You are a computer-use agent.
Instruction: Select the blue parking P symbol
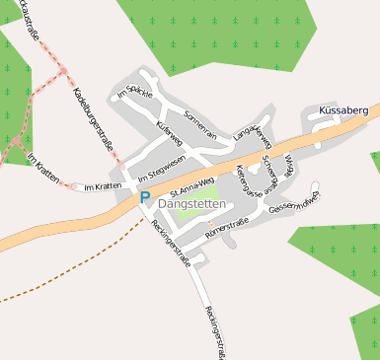144,198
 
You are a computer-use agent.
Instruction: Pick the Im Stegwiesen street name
162,170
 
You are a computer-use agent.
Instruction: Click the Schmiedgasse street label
270,175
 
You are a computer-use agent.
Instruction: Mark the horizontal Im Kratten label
102,186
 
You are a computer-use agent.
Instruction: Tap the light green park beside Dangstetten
193,187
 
